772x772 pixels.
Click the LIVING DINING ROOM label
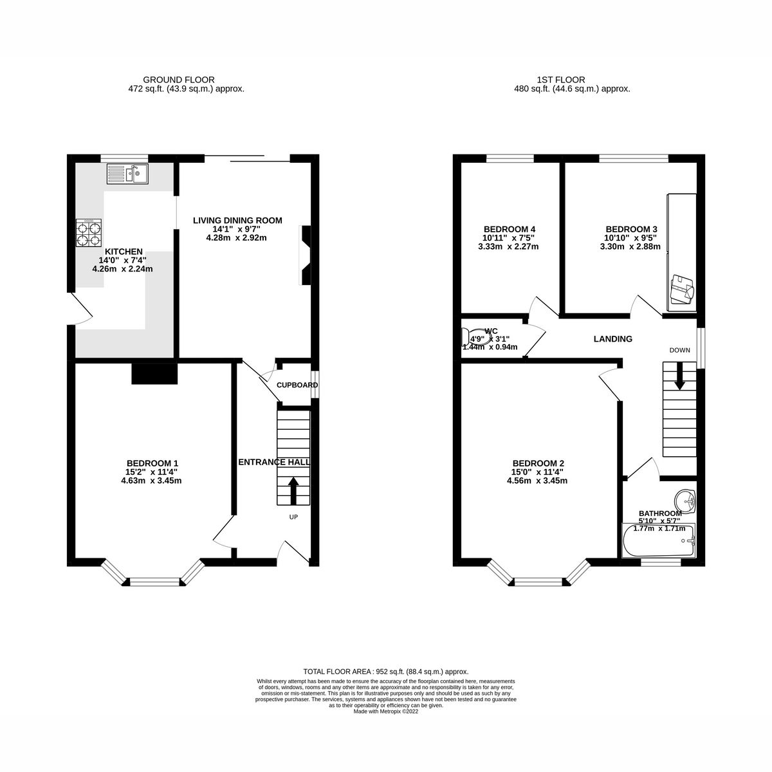tap(237, 221)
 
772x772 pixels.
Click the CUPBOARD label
tap(297, 385)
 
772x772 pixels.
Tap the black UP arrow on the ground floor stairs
tap(293, 490)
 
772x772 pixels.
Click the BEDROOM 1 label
tap(152, 463)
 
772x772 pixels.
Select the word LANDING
tap(612, 339)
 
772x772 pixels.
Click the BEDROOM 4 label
tap(510, 229)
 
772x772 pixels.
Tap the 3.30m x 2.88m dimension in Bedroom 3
tap(630, 246)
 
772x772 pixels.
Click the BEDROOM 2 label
tap(538, 463)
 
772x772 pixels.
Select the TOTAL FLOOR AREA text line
tap(385, 671)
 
